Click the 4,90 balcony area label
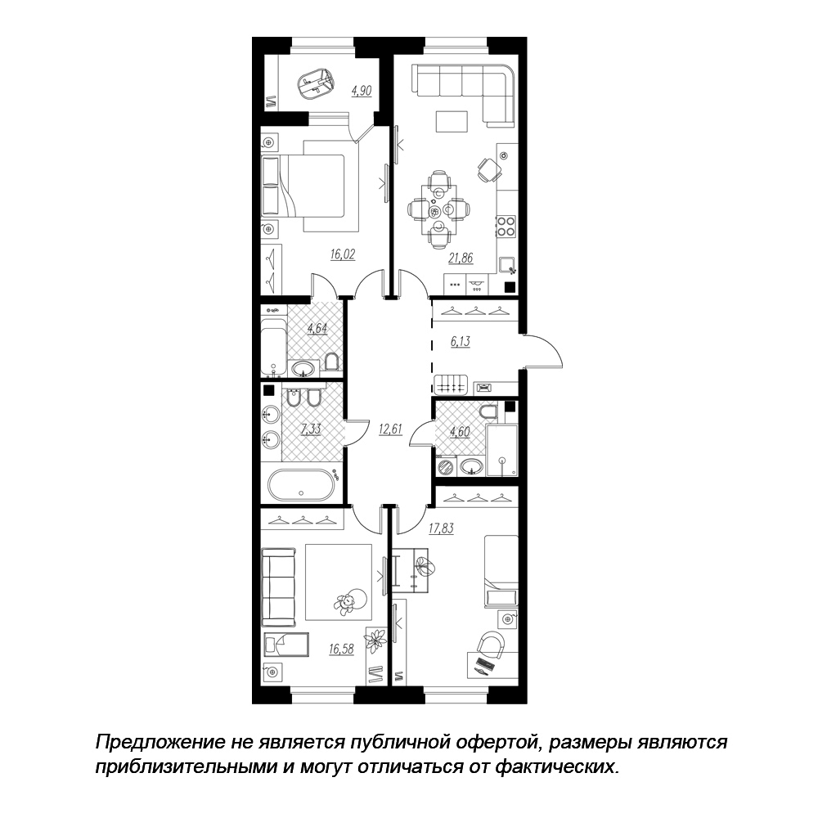pos(362,91)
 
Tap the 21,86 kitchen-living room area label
pos(461,257)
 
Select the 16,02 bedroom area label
pos(342,254)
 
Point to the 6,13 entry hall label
pos(460,341)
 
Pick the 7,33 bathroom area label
pos(310,429)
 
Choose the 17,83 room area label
pos(442,528)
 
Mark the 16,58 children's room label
pos(341,649)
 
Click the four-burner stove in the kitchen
pos(506,226)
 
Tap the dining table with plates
pos(439,204)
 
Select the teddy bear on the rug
pos(345,603)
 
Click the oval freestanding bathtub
pos(300,484)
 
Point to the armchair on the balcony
pos(315,83)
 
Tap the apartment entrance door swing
pos(545,351)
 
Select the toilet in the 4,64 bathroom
pos(332,361)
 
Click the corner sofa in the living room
pos(464,94)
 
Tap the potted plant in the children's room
pos(375,640)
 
